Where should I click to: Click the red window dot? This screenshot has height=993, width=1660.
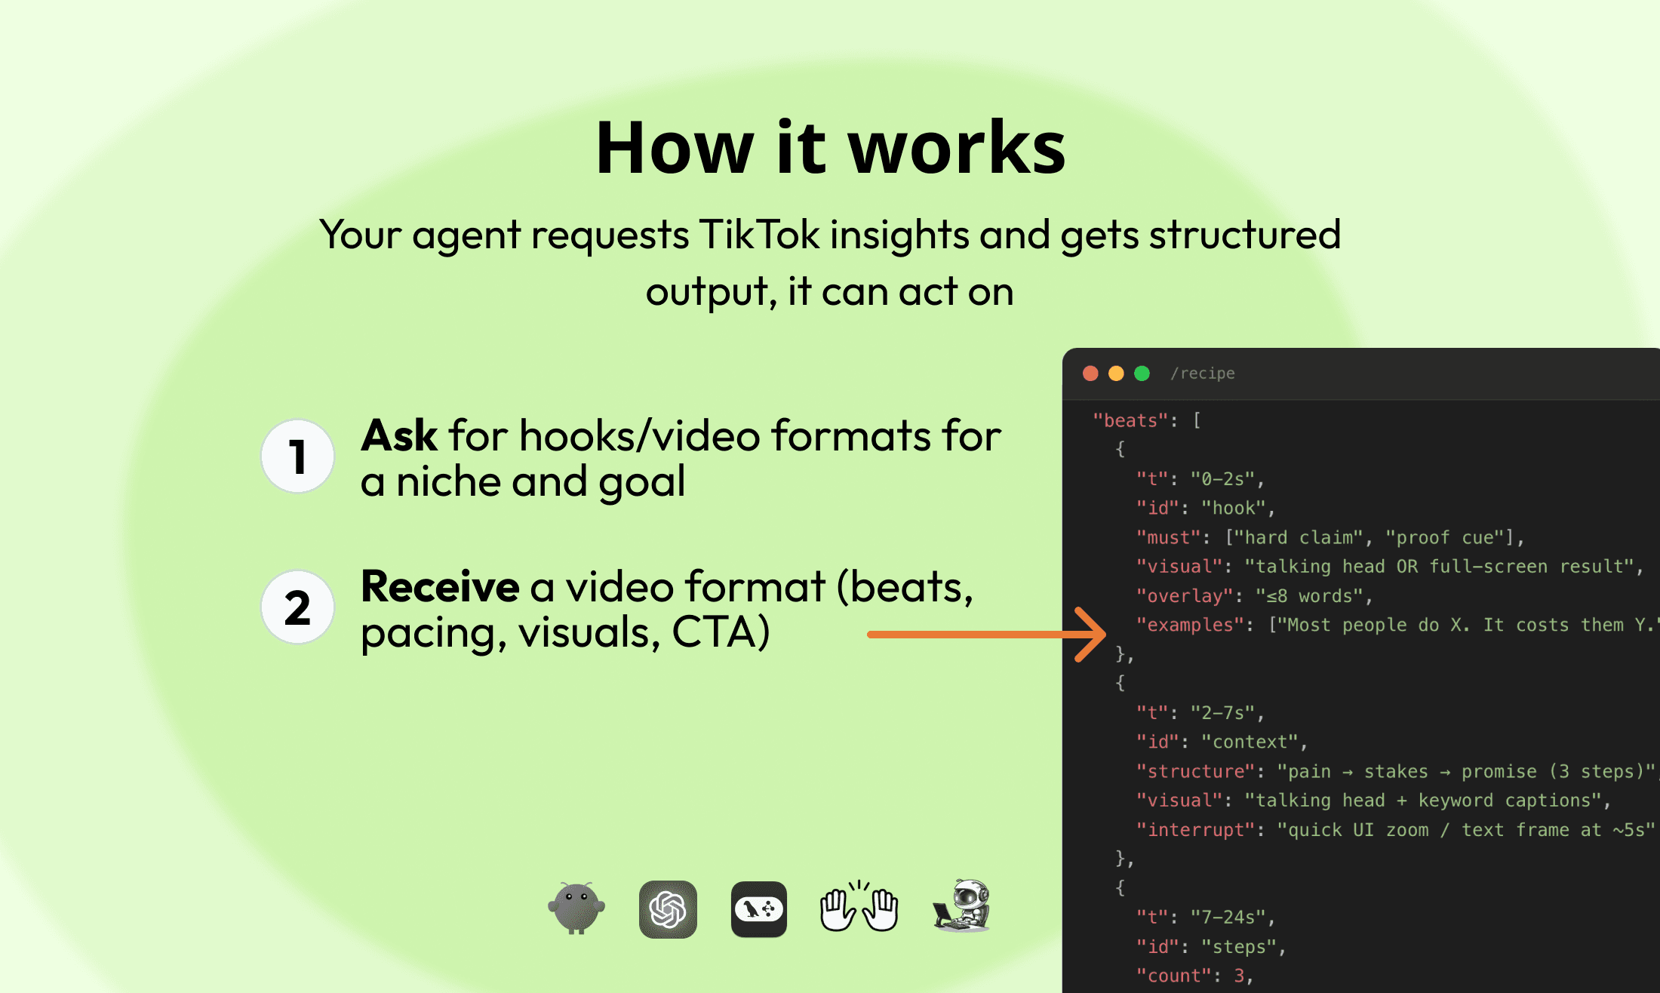pyautogui.click(x=1090, y=374)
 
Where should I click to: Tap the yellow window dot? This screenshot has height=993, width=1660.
pyautogui.click(x=1116, y=374)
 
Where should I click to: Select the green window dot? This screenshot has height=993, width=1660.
pyautogui.click(x=1142, y=374)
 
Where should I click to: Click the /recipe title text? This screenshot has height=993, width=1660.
pyautogui.click(x=1203, y=374)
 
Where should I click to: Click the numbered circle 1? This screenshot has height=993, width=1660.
pyautogui.click(x=298, y=457)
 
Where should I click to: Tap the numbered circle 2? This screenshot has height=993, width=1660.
pyautogui.click(x=298, y=607)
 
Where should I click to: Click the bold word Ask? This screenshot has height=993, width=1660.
pyautogui.click(x=399, y=436)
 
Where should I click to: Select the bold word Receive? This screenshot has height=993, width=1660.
pyautogui.click(x=440, y=587)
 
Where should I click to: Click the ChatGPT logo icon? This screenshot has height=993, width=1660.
pyautogui.click(x=668, y=909)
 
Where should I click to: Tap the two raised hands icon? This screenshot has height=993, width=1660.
pyautogui.click(x=859, y=908)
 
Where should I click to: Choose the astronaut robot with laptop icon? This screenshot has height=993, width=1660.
pyautogui.click(x=961, y=906)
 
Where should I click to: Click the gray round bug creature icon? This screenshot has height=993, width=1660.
pyautogui.click(x=576, y=908)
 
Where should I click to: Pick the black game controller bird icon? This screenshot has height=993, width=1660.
pyautogui.click(x=759, y=909)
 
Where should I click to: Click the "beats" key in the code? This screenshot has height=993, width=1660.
pyautogui.click(x=1130, y=420)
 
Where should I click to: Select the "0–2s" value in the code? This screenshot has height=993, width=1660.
pyautogui.click(x=1222, y=479)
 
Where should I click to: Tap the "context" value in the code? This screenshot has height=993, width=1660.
pyautogui.click(x=1250, y=742)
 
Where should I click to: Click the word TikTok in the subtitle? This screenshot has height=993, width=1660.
pyautogui.click(x=759, y=235)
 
